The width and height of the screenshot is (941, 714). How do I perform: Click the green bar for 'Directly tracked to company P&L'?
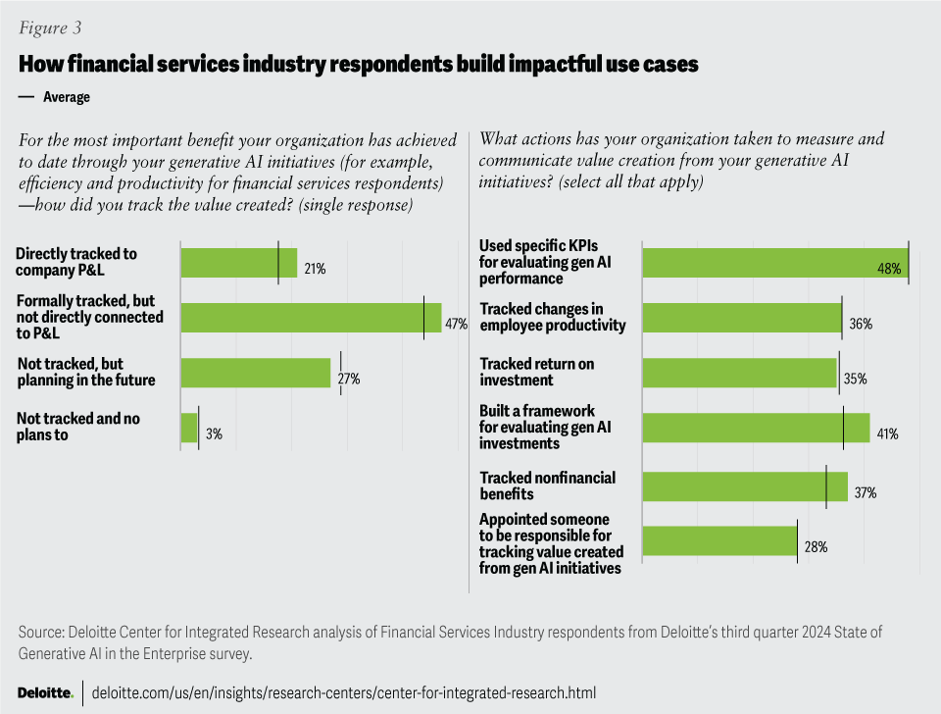coord(238,263)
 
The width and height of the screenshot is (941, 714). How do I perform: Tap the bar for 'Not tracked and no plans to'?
coord(189,428)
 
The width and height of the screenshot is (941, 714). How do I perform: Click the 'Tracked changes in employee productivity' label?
coord(552,317)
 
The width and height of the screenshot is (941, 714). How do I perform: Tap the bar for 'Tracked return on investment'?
coord(738,373)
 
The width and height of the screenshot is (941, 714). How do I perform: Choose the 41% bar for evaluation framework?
coord(755,428)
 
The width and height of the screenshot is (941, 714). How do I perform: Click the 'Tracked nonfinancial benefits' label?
coord(547,485)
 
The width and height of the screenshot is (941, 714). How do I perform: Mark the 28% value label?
coord(816,547)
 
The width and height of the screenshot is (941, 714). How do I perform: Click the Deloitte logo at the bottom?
coord(45,692)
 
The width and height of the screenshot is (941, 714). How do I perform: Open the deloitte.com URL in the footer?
coord(343,692)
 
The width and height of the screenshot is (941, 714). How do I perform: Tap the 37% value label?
coord(865,492)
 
